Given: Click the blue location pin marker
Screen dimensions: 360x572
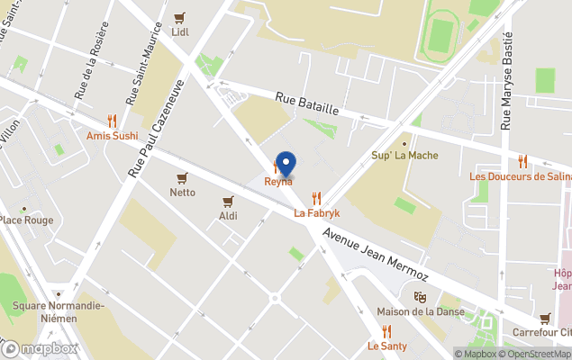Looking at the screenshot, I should point(286,164).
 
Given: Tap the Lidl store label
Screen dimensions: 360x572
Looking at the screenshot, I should point(180,31).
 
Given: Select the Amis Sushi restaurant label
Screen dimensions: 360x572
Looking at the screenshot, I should point(113,136).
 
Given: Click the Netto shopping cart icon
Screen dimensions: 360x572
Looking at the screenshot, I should point(183,177).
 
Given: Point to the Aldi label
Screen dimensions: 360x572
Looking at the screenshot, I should point(228,216).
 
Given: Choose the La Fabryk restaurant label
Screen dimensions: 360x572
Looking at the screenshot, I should point(317,213).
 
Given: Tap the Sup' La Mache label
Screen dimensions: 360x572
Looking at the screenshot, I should point(404,156).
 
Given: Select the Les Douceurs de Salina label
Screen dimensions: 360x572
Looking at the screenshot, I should point(520,176).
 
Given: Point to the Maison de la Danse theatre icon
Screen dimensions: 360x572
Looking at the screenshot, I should point(419,296).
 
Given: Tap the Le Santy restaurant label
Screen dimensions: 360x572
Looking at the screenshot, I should point(386,346).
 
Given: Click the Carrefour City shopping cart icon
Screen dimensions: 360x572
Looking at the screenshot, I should point(545,318).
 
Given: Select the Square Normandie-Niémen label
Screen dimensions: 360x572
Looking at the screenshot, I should point(59,310).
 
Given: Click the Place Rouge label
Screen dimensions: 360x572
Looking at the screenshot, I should point(25,220).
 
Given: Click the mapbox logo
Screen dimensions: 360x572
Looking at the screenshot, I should point(40,348).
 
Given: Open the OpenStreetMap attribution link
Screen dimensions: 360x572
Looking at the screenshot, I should point(538,354).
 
